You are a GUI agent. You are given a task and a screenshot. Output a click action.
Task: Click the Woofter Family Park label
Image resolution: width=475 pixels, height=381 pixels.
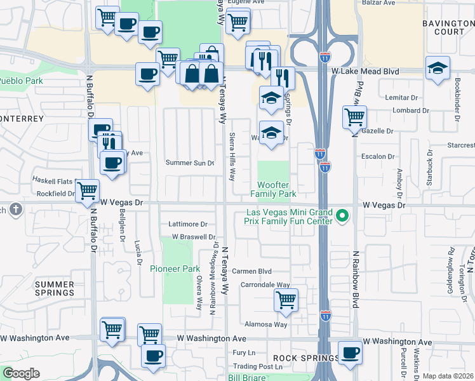coord(273,189)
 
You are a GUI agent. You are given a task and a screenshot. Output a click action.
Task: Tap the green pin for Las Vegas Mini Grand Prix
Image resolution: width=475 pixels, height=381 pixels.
coord(344,217)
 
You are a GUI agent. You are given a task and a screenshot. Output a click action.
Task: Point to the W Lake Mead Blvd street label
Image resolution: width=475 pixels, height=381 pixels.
coord(365,72)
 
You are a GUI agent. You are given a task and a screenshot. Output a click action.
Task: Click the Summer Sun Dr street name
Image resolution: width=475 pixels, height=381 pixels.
coord(190,163)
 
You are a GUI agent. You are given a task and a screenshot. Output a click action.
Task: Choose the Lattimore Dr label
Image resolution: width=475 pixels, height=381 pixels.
coord(188,224)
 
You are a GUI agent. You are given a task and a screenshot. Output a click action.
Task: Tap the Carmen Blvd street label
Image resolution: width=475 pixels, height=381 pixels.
coord(251,271)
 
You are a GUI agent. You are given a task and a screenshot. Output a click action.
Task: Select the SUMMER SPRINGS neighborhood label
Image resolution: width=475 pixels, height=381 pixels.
coord(55,288)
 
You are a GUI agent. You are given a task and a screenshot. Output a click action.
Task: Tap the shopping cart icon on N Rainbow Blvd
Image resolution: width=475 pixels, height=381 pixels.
coord(354,117)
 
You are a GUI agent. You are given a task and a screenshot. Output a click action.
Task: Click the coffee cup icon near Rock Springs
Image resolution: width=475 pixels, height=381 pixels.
coord(350,352)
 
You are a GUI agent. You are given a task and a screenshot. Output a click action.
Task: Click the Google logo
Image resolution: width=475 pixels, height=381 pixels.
coord(21,373)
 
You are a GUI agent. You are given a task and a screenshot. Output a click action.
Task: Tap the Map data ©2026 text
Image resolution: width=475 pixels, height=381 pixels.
coord(448,376)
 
